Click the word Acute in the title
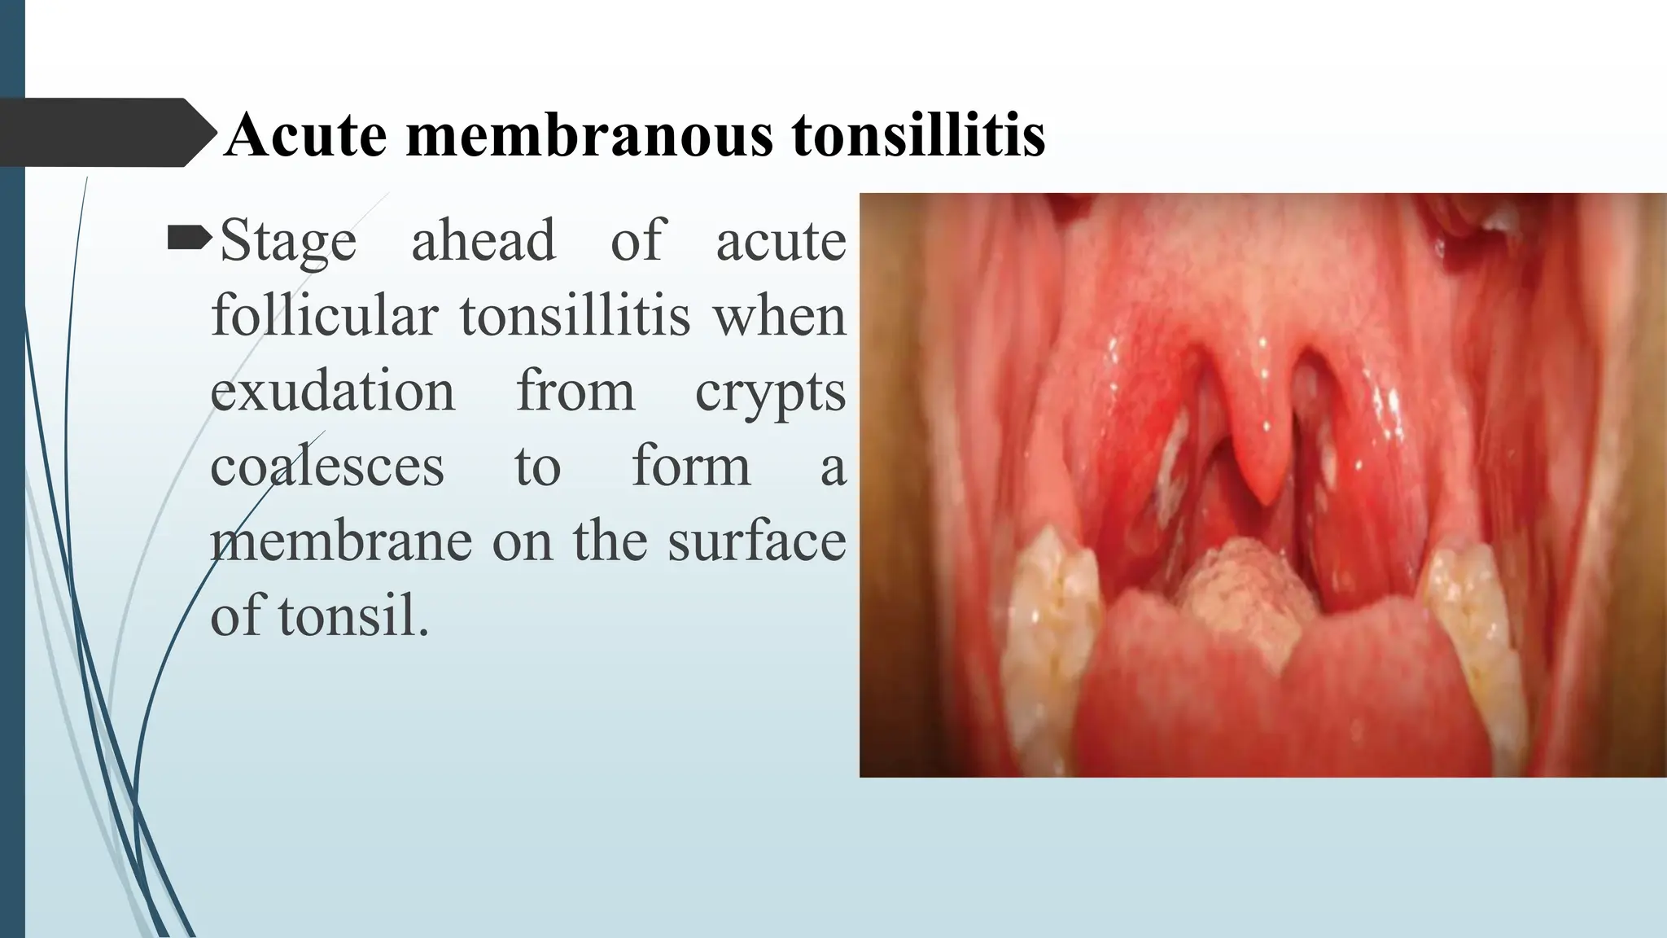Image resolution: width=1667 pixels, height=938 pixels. (305, 134)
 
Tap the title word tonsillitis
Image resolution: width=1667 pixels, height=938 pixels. (918, 134)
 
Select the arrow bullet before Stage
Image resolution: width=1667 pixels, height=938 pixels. (190, 239)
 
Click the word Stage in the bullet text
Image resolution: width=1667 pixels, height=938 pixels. (288, 242)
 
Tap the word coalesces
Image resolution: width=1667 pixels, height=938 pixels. (327, 466)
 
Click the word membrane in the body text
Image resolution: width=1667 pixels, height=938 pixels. (341, 541)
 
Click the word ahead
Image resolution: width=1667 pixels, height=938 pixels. (483, 240)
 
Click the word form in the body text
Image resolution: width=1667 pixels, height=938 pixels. (691, 466)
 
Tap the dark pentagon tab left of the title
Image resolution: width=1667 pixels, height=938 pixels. (102, 133)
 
